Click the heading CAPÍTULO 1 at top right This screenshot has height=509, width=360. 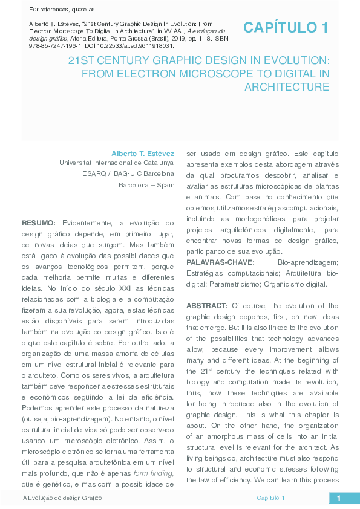pos(286,27)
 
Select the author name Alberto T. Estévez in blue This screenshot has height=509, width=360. pos(142,154)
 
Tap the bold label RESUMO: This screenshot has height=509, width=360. pos(39,223)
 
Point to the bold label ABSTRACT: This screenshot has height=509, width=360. pos(207,305)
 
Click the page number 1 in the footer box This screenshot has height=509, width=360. pos(339,498)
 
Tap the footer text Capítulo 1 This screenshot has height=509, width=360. pos(270,498)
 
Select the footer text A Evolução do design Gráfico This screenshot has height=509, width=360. pos(62,498)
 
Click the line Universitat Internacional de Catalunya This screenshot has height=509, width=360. pos(116,163)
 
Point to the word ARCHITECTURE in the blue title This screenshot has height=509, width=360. pos(287,86)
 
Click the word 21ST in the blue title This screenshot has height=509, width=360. pos(82,61)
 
